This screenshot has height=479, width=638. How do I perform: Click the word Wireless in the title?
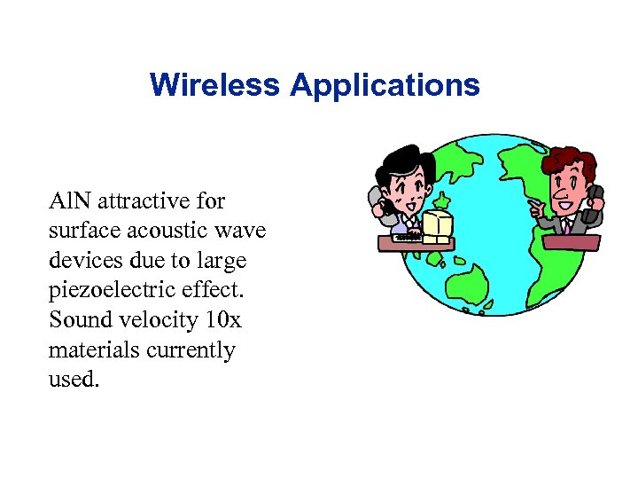215,85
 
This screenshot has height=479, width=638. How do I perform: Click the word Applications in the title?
384,86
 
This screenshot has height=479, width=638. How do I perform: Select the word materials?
91,349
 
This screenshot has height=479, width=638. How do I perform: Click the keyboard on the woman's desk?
407,236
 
